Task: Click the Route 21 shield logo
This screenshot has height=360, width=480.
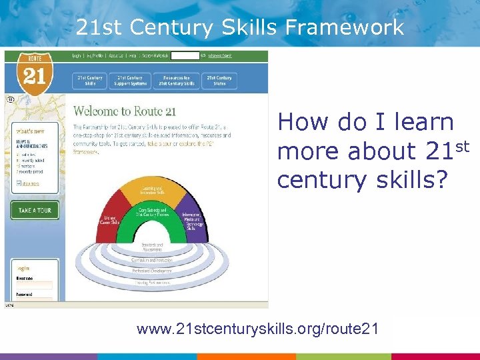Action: [34, 71]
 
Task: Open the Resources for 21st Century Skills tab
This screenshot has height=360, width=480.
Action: [176, 81]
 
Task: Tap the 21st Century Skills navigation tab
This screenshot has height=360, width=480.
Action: [90, 81]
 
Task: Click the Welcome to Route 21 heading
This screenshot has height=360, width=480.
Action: [125, 111]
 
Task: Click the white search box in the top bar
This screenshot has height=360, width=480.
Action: [185, 56]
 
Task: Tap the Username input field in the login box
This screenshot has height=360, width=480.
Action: [34, 285]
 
